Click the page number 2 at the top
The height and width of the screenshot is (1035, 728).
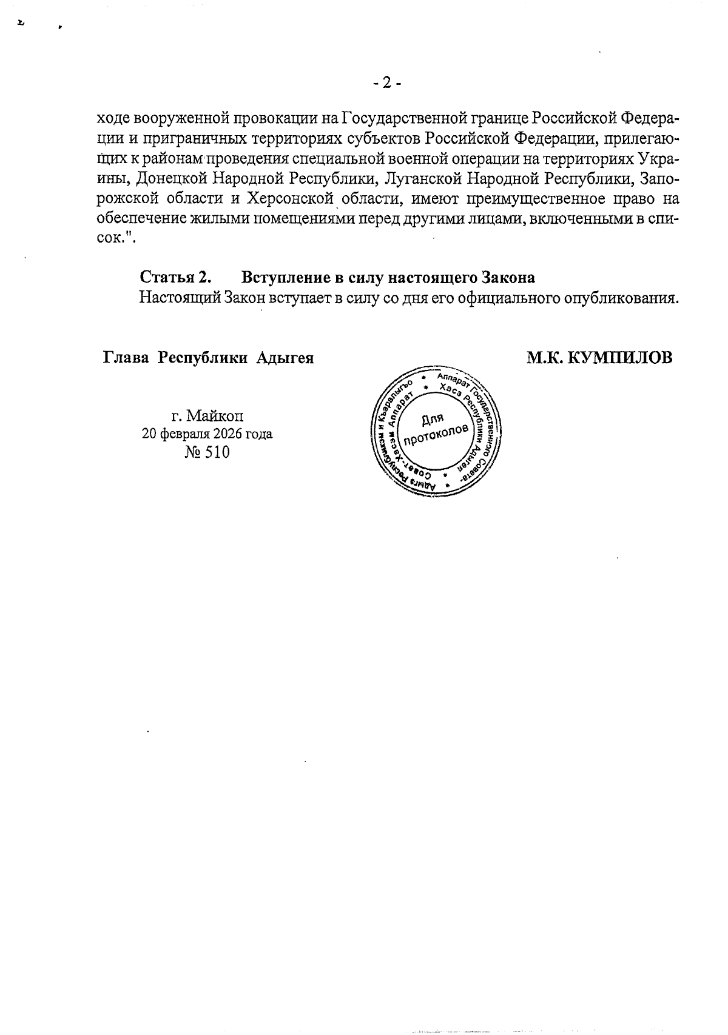click(386, 83)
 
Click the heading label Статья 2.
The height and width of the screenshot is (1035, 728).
click(176, 278)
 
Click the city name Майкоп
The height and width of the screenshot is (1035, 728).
click(216, 416)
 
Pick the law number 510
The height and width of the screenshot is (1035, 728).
click(217, 452)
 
